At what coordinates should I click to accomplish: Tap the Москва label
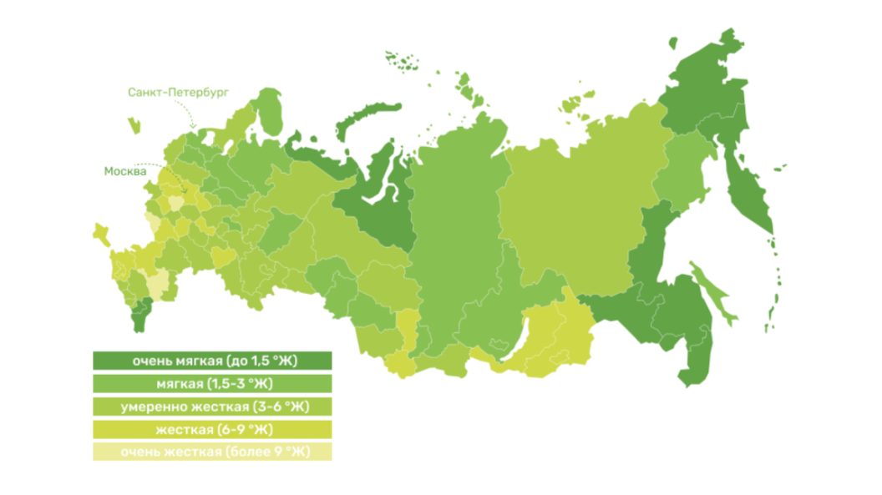[125, 171]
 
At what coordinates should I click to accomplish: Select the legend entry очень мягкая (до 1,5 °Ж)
[213, 361]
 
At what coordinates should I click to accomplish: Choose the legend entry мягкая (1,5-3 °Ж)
[213, 383]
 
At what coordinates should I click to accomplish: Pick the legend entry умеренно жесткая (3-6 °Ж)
[213, 407]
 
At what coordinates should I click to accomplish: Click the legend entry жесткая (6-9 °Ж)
[213, 429]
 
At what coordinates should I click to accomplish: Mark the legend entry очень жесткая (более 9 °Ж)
[213, 452]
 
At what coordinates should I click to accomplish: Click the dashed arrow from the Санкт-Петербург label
[191, 116]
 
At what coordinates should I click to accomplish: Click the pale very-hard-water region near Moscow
[175, 202]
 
